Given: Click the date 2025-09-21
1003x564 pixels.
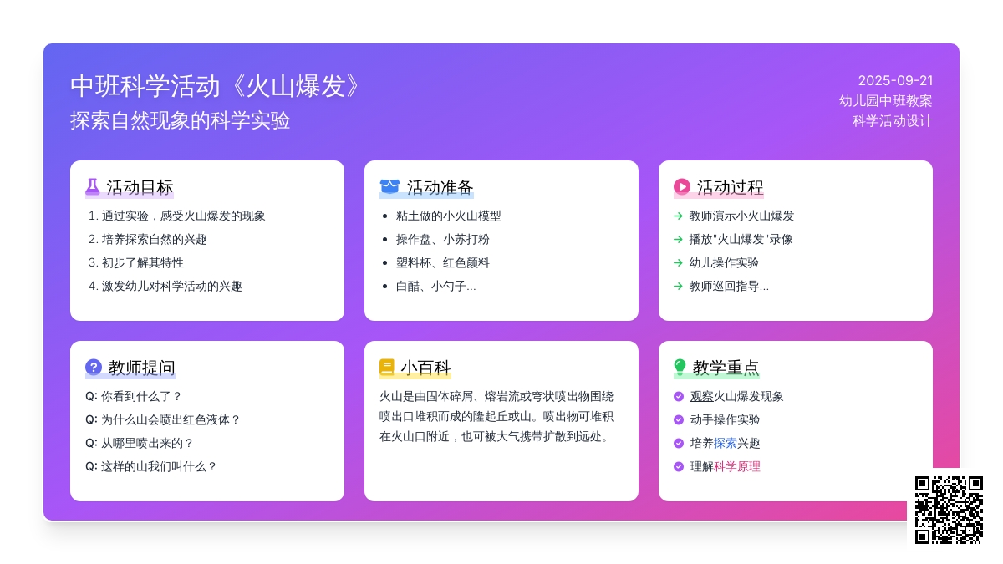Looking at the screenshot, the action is point(895,80).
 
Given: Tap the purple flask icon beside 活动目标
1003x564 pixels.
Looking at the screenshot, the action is point(92,187).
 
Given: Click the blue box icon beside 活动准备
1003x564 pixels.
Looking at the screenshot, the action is point(389,186).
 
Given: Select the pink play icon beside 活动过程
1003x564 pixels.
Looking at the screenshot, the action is point(681,186).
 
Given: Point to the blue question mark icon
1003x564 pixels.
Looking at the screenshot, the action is point(94,367).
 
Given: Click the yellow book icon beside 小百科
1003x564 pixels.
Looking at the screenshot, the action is point(386,367).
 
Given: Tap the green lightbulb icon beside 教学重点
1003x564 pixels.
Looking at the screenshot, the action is point(680,367).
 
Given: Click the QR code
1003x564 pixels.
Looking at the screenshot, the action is point(949,510).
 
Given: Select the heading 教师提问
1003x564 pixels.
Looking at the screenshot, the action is point(141,368).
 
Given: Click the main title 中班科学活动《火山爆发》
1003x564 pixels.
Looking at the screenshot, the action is point(216,86).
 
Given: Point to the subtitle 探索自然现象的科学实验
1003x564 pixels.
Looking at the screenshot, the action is point(180,121).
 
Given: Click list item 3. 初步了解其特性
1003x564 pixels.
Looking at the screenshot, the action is point(136,262).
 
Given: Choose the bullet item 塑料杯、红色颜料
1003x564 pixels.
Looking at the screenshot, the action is point(442,262).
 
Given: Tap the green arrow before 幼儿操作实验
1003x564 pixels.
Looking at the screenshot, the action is point(678,262).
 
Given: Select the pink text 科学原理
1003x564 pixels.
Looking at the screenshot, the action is point(736,466).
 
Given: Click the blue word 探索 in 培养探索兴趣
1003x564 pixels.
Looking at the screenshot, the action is point(725,443).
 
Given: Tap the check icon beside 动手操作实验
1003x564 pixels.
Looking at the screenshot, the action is point(679,419).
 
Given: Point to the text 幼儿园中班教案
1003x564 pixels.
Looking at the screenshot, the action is point(886,101).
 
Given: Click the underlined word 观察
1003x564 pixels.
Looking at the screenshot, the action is point(701,397).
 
